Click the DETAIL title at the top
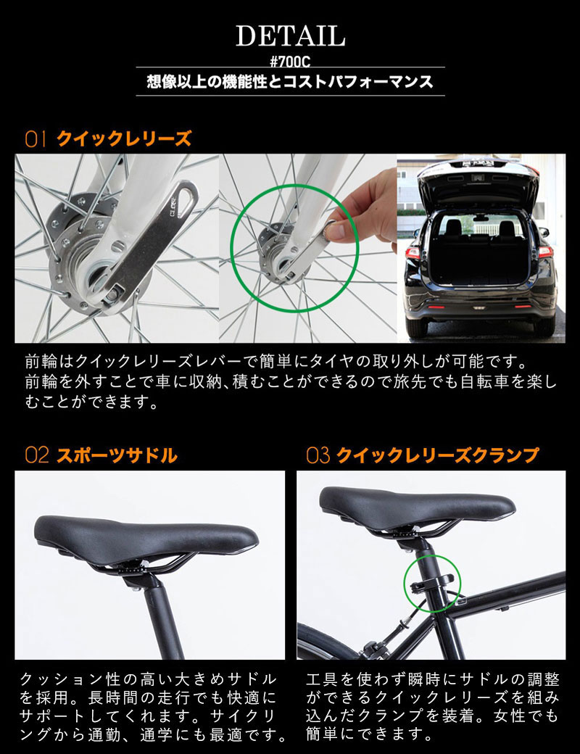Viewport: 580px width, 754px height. click(x=290, y=36)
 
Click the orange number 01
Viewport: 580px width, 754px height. click(x=36, y=139)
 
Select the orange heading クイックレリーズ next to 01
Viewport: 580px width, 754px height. click(x=124, y=138)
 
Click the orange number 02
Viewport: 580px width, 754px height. click(x=36, y=455)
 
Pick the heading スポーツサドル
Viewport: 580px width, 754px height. click(x=117, y=455)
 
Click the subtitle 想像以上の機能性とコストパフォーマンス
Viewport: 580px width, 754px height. click(x=290, y=81)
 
